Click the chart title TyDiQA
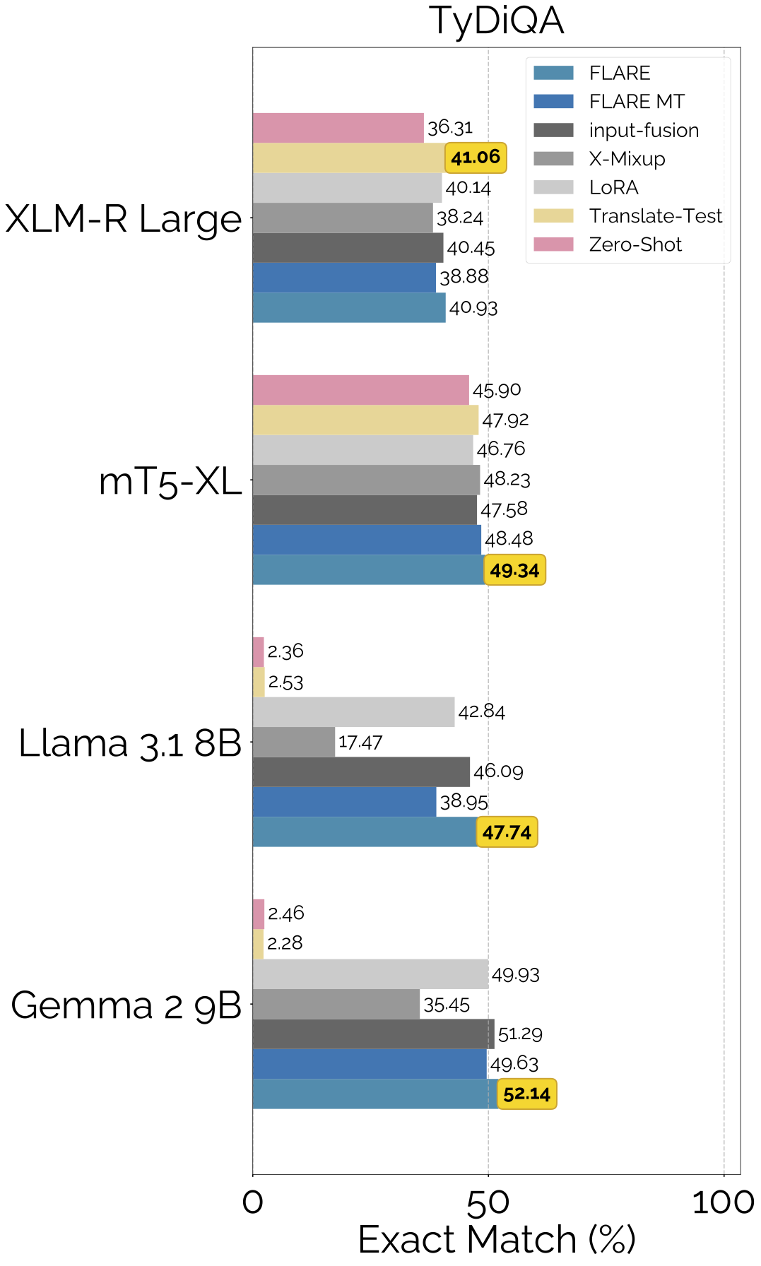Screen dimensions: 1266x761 [x=496, y=20]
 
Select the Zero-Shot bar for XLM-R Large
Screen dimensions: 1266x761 [x=338, y=128]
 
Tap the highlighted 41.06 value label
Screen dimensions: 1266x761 [x=476, y=157]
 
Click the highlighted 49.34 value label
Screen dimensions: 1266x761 [x=514, y=570]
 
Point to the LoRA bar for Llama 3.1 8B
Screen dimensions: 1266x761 [x=353, y=712]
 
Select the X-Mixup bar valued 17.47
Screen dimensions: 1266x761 [x=293, y=742]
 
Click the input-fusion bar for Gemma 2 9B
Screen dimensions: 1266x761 [x=373, y=1034]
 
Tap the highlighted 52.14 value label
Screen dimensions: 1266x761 [x=526, y=1094]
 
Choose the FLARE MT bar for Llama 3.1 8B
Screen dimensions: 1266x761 [x=344, y=802]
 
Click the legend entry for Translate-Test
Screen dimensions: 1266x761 [x=655, y=216]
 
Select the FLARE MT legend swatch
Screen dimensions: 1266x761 [x=553, y=102]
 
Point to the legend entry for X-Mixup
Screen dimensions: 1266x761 [x=627, y=159]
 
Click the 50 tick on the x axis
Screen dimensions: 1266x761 [x=488, y=1202]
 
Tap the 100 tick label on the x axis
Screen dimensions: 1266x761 [x=723, y=1202]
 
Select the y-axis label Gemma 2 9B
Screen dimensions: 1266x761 [x=126, y=1005]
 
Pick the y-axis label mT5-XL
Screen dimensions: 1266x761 [x=170, y=481]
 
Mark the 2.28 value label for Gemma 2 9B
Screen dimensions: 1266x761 [x=285, y=943]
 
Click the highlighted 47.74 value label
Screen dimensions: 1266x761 [x=507, y=832]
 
